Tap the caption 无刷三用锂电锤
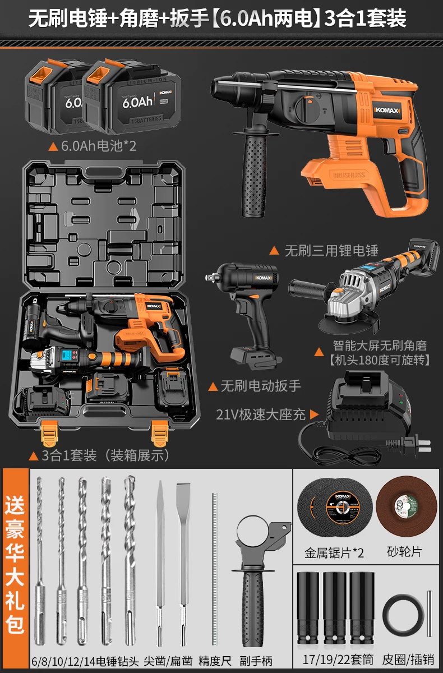[331, 250]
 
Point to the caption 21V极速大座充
[261, 414]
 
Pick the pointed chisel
[160, 555]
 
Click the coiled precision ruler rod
[214, 566]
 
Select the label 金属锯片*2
[334, 552]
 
